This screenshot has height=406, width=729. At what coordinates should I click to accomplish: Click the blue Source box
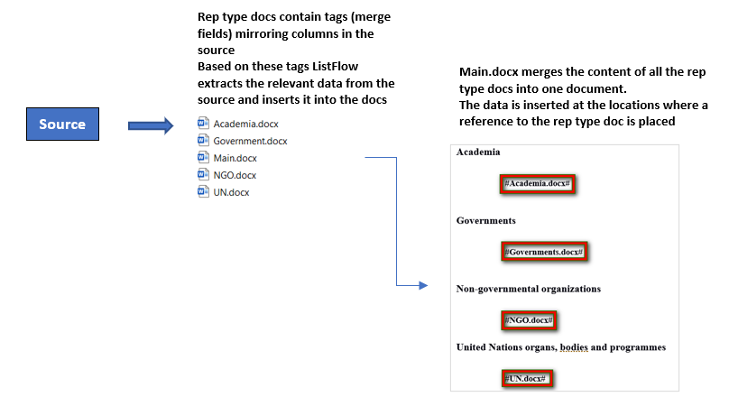[62, 125]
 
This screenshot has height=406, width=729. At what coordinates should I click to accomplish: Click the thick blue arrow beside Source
[151, 125]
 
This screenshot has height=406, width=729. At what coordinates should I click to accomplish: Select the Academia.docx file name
[246, 125]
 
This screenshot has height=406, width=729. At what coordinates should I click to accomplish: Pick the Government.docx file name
[250, 141]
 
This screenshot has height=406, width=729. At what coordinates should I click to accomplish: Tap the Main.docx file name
[235, 158]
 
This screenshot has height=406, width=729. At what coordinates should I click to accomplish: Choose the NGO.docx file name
[235, 175]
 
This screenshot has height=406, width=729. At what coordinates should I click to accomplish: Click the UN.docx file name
[231, 192]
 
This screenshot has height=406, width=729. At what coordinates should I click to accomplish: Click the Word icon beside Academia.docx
[203, 123]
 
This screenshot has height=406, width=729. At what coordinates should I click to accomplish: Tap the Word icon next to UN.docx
[203, 191]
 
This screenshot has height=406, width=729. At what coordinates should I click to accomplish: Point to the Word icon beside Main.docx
[203, 157]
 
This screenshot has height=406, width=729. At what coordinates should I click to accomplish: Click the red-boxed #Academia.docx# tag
[538, 184]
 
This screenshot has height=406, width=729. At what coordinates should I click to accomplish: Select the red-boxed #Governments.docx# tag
[544, 252]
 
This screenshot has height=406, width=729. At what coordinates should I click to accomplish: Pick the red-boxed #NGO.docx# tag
[529, 320]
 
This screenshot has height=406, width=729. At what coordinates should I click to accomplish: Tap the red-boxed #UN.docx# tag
[527, 379]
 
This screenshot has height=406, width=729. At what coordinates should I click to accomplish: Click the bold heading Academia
[478, 152]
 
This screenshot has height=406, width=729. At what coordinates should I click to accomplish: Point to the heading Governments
[485, 220]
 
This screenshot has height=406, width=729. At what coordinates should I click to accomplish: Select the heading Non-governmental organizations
[528, 289]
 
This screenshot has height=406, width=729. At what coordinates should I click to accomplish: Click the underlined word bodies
[574, 347]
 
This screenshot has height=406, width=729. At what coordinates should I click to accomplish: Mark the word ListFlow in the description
[335, 67]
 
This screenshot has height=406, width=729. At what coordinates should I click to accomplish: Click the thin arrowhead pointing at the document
[423, 285]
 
